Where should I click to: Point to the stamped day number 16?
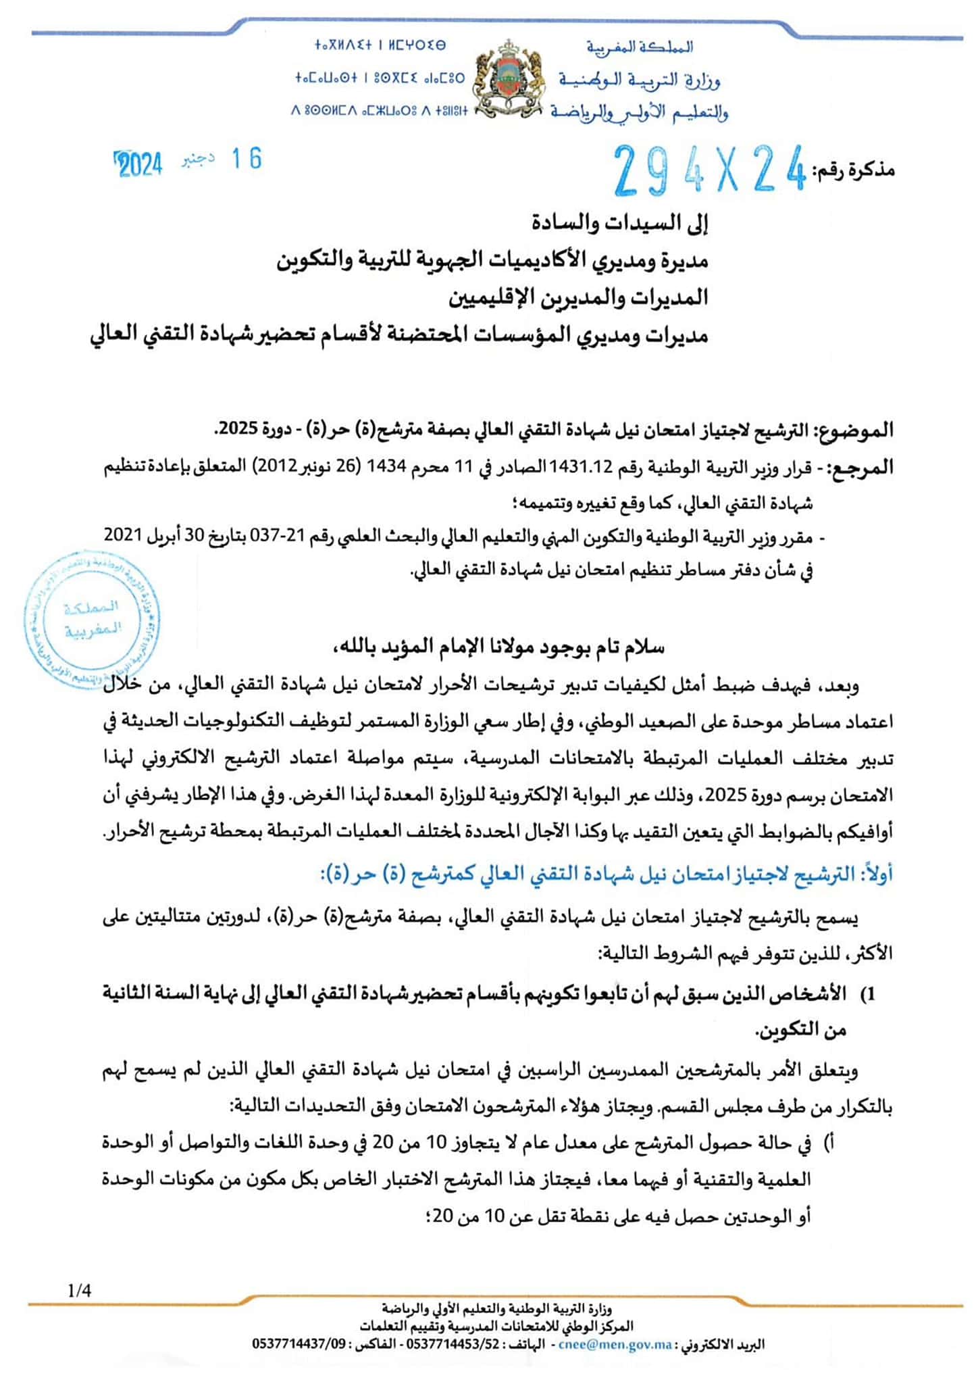[247, 159]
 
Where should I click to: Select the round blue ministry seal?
[91, 619]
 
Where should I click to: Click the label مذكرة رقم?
[853, 170]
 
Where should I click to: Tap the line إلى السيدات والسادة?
[619, 224]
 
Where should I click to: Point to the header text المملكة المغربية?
[640, 47]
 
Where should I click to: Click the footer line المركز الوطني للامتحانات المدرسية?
[496, 1327]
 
